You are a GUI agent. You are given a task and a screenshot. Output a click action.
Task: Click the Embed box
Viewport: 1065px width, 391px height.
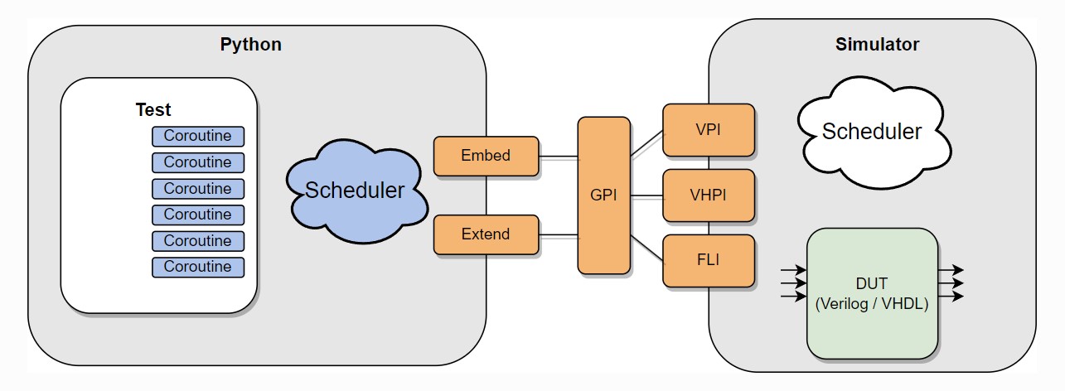[x=486, y=156]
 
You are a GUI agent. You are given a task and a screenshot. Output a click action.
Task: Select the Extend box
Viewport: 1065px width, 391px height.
[x=486, y=234]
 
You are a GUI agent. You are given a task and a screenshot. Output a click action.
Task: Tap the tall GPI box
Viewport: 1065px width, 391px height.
[x=603, y=195]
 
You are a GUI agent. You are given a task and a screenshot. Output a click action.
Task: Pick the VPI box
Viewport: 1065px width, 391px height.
[x=709, y=129]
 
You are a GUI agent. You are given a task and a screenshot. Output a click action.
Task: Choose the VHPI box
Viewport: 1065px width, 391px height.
[x=709, y=195]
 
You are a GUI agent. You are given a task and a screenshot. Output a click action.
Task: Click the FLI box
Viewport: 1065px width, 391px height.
[x=709, y=261]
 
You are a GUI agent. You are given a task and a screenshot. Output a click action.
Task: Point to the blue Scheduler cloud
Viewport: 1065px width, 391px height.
[x=356, y=191]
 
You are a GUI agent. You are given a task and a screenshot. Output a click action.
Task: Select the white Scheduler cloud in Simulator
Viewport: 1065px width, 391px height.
[x=871, y=131]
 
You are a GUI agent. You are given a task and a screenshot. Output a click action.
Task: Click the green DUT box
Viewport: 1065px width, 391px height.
[x=872, y=294]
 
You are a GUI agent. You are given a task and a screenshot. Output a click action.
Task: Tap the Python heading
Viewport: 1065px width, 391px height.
[x=250, y=45]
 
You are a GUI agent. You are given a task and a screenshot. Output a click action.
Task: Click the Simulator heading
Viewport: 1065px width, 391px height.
[x=877, y=45]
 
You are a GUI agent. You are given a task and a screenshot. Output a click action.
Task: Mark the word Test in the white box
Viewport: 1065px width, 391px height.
[x=153, y=109]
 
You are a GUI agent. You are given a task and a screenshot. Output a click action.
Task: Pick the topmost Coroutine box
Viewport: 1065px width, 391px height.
[x=197, y=136]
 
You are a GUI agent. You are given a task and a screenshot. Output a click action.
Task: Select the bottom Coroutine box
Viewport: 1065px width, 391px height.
[x=197, y=267]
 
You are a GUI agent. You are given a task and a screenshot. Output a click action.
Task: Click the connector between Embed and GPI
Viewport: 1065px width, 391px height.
[x=558, y=156]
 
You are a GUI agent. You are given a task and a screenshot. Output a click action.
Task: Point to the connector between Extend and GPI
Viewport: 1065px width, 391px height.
[x=558, y=236]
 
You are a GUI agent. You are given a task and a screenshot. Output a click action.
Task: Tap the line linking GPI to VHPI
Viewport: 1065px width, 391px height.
[x=646, y=196]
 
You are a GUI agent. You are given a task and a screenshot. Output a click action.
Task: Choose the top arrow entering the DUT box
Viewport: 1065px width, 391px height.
[x=793, y=270]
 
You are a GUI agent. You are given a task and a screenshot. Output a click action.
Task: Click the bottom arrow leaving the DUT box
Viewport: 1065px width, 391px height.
[x=951, y=297]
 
